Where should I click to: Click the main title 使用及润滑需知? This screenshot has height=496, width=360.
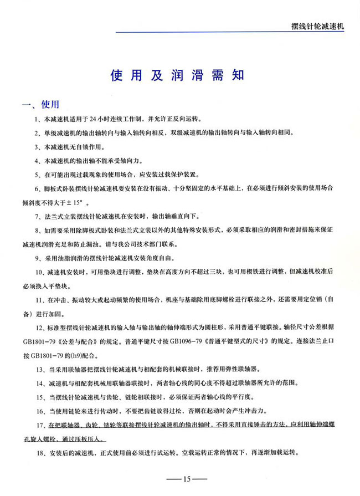click(179, 76)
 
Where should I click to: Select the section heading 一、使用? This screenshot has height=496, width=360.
click(40, 105)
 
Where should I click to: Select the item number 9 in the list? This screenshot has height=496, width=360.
click(37, 258)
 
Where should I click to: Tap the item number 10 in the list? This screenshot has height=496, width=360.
click(39, 273)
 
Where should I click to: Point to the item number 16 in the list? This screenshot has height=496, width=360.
click(39, 411)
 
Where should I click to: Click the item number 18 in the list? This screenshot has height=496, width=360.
click(39, 453)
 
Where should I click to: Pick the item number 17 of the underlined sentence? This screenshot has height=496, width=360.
click(39, 425)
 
